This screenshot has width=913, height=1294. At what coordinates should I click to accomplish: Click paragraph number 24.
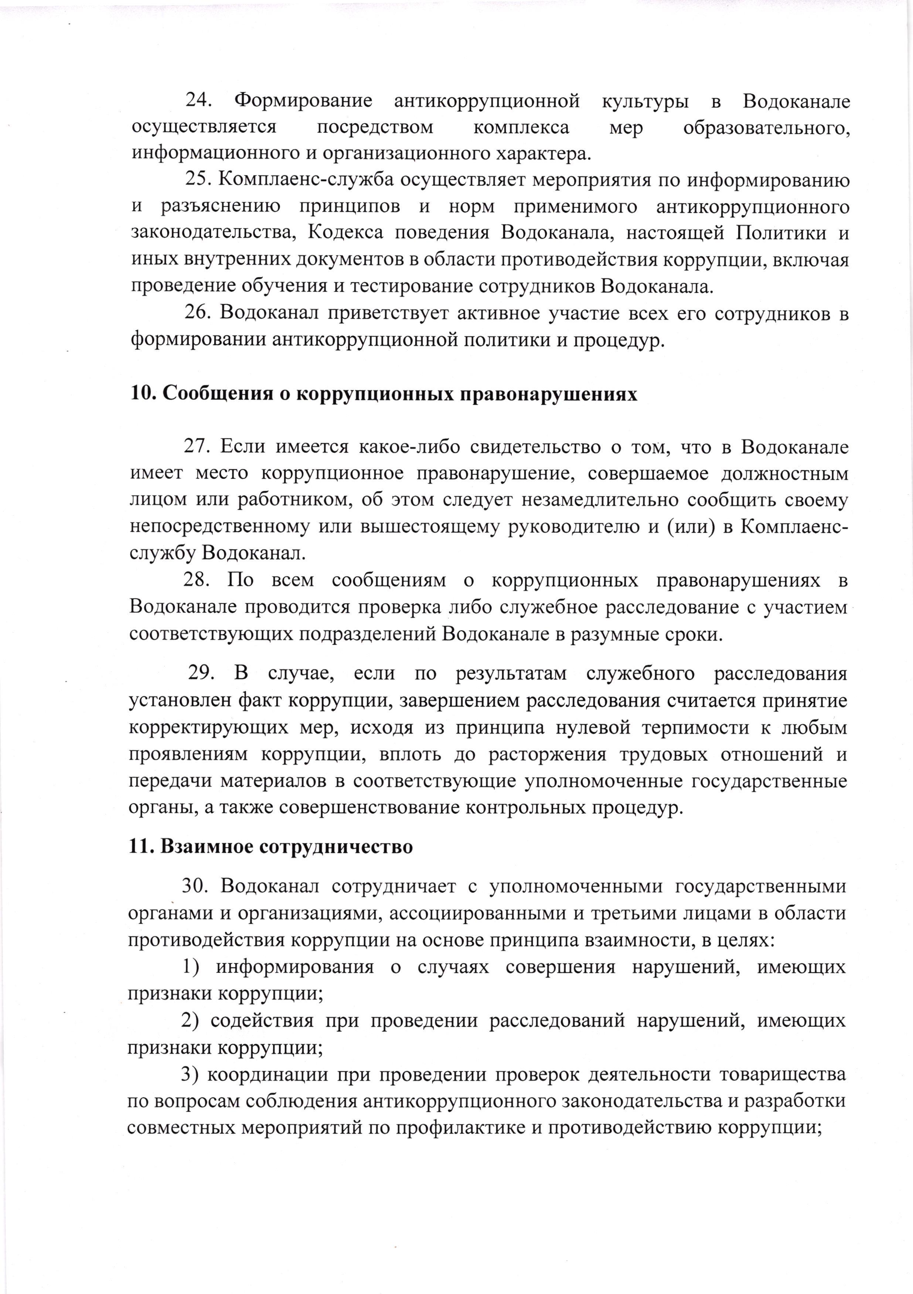point(198,101)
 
